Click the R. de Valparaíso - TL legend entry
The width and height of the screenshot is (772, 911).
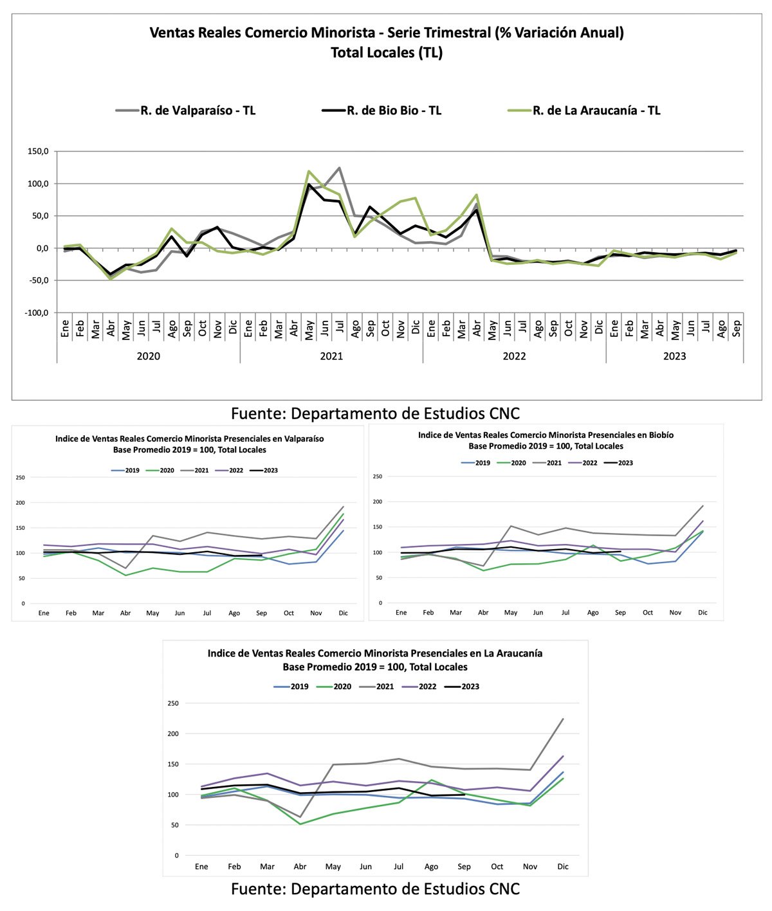click(x=186, y=110)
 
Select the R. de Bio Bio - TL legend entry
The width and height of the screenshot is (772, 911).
click(x=382, y=110)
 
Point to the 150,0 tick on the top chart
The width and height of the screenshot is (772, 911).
click(x=38, y=151)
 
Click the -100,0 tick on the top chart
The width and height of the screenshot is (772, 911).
click(x=37, y=313)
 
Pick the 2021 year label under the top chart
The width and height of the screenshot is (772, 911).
click(x=331, y=356)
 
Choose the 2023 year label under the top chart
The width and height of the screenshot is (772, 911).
click(x=674, y=356)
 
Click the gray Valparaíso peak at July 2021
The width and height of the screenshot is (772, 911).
click(x=339, y=168)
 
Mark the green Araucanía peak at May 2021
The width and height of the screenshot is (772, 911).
click(x=309, y=172)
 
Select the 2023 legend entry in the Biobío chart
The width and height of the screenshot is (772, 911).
click(x=618, y=463)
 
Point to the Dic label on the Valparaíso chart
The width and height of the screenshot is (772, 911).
click(x=343, y=613)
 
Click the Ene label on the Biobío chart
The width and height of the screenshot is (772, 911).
click(x=401, y=612)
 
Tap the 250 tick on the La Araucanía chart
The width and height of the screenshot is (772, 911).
click(x=173, y=703)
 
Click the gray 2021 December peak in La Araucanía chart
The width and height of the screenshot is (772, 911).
click(x=563, y=719)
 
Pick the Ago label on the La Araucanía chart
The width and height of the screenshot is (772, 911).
click(x=431, y=867)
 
